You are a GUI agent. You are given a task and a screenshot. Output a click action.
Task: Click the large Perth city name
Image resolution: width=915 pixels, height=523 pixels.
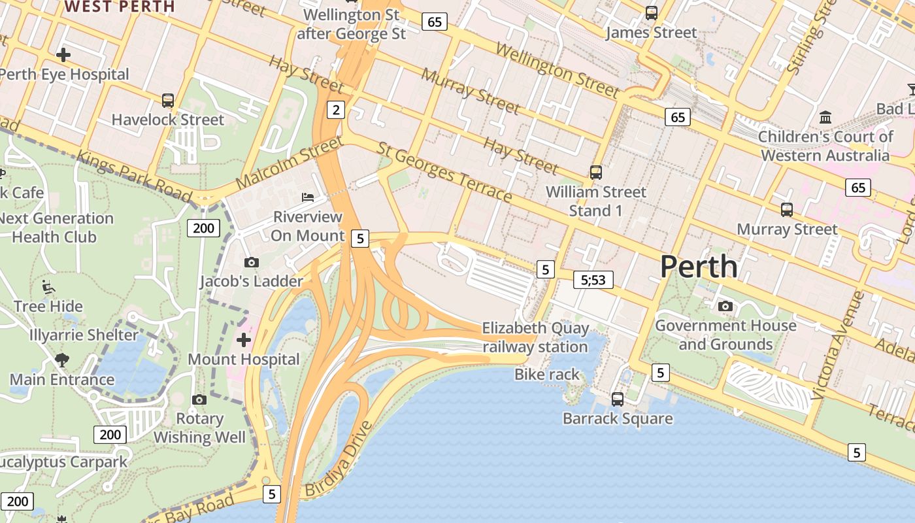[699, 267]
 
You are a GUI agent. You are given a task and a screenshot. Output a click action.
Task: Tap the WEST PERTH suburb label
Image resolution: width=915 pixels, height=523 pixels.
[120, 7]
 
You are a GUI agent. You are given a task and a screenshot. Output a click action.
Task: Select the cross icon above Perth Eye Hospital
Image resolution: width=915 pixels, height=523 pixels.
[63, 54]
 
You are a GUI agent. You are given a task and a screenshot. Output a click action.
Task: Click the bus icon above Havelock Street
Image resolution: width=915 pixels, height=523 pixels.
[168, 100]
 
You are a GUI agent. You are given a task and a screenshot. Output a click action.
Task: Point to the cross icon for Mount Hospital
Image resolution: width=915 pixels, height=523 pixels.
[244, 340]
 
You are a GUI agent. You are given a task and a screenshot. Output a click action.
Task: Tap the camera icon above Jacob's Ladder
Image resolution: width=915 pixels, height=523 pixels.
[251, 262]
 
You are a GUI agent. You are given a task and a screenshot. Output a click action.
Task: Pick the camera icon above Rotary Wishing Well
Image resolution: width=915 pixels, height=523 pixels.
[199, 399]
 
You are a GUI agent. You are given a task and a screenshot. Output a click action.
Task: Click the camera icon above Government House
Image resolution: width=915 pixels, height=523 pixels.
[725, 306]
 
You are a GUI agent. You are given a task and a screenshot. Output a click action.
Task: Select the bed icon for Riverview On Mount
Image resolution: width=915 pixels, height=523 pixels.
[307, 197]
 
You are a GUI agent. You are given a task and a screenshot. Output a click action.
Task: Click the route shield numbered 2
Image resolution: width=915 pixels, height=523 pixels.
[336, 110]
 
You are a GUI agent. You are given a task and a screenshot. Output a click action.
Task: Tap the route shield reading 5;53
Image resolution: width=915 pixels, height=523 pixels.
[593, 280]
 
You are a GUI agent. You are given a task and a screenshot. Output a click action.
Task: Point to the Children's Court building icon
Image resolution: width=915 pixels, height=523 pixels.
[825, 118]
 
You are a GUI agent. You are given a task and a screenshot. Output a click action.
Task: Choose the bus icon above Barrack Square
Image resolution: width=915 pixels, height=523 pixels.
[618, 399]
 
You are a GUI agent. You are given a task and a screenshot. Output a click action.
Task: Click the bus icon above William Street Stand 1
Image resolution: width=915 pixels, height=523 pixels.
[596, 173]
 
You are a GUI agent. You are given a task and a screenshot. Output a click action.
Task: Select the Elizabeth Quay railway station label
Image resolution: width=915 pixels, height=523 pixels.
[535, 337]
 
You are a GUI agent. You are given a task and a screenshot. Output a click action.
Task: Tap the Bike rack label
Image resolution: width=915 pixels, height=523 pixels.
[547, 375]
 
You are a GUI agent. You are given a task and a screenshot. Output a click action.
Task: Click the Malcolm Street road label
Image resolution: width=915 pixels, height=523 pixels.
[290, 163]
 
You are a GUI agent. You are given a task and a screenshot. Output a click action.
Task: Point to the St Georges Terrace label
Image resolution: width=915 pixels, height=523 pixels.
[444, 174]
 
